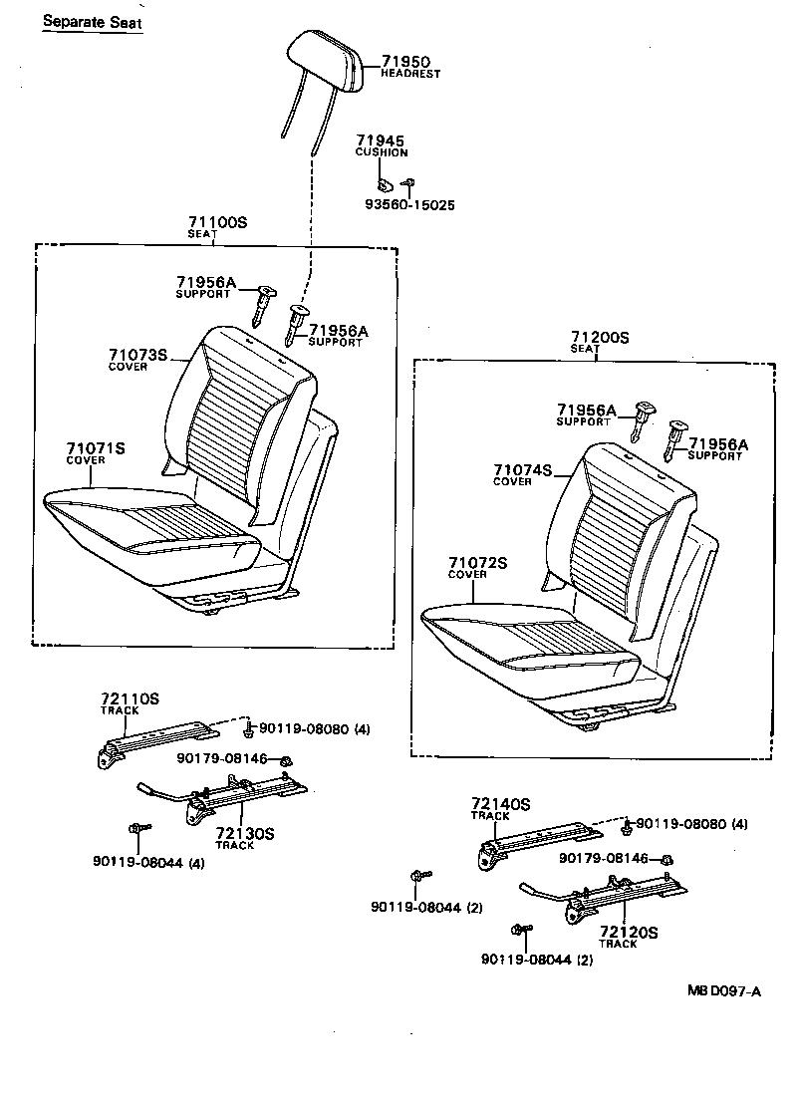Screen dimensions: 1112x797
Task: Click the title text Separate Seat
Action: click(92, 20)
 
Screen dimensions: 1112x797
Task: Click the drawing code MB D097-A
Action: click(723, 990)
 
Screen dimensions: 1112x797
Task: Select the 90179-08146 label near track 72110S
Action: click(223, 758)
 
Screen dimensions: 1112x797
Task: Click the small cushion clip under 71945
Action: click(384, 183)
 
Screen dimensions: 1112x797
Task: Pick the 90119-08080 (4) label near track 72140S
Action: click(691, 823)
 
